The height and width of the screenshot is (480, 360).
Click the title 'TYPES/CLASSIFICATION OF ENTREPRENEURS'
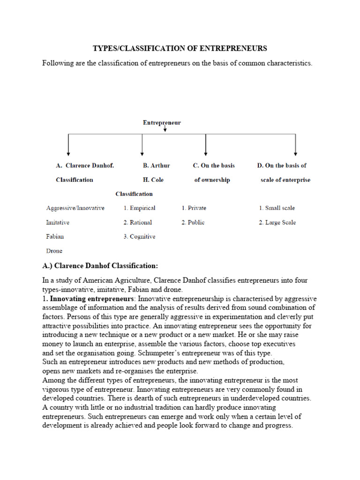coord(180,48)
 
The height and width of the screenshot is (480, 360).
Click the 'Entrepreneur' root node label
coord(162,123)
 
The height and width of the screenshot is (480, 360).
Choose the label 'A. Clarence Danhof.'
coord(85,165)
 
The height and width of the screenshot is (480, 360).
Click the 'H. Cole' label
coord(153,180)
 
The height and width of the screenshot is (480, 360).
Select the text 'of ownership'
coord(212,180)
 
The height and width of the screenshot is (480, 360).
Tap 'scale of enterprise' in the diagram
coord(285,180)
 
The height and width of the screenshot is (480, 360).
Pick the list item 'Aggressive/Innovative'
coord(75,208)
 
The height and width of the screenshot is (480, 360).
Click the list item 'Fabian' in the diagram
coord(55,237)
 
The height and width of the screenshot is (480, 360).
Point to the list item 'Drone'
coord(54,251)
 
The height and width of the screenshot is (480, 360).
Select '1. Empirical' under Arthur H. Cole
coord(139,208)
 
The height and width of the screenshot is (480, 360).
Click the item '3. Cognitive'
coord(139,237)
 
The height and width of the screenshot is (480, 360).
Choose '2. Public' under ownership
coord(193,222)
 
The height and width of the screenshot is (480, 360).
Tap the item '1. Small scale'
coord(277,208)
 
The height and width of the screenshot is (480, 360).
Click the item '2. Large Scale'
coord(277,222)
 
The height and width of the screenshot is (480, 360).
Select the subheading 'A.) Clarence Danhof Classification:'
coord(100,266)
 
